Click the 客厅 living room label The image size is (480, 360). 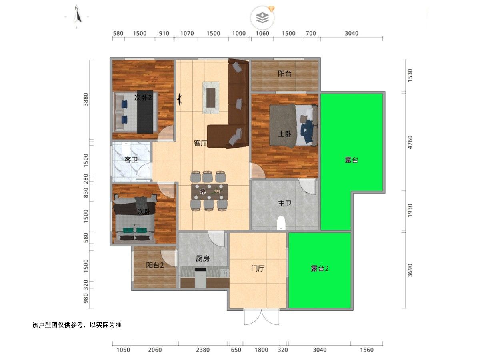tap(200, 143)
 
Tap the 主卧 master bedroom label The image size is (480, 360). tap(284, 134)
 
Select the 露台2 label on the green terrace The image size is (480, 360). tap(320, 268)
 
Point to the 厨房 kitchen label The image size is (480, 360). tap(203, 258)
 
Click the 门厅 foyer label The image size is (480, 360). tap(258, 268)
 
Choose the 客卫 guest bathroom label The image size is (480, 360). tap(131, 160)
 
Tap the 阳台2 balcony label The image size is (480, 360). tap(155, 265)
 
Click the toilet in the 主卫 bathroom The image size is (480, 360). tap(281, 223)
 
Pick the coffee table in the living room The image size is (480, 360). tap(211, 98)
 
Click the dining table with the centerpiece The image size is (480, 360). tap(210, 192)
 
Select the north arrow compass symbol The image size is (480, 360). tap(77, 15)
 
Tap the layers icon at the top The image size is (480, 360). tap(262, 18)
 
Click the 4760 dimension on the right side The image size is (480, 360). tap(410, 142)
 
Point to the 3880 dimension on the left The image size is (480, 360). tap(86, 100)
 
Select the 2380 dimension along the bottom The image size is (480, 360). tap(203, 350)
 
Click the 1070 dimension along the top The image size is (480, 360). tap(187, 33)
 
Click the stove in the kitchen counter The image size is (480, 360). tap(200, 278)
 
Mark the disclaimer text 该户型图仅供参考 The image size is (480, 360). tap(58, 325)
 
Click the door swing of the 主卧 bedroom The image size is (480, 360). tap(258, 171)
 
